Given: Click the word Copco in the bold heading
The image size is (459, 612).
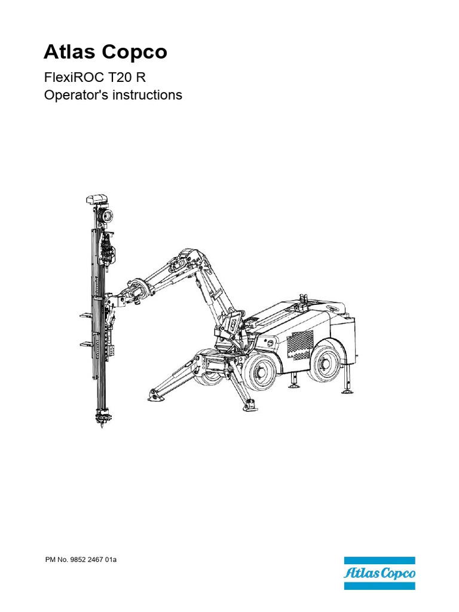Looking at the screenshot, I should point(134,53).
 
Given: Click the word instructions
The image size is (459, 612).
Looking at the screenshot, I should point(143,95).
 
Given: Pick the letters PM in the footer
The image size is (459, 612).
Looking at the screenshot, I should point(50,561).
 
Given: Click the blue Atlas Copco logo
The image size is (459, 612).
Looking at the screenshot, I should point(379,573).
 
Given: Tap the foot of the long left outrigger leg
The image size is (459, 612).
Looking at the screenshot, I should point(154,394).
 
